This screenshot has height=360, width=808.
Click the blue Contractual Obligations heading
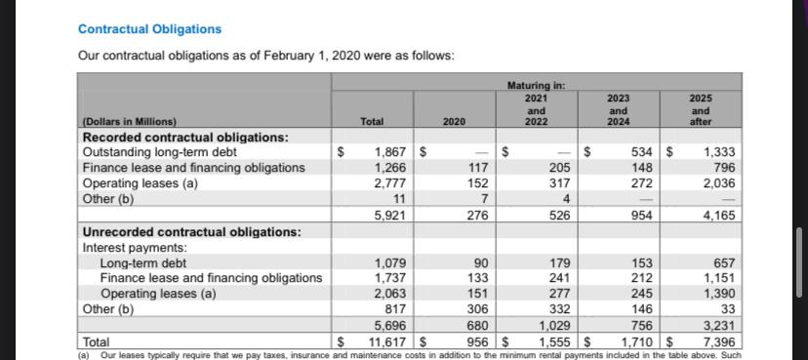(149, 29)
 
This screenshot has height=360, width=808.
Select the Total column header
(371, 122)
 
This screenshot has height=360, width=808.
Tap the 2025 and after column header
(701, 109)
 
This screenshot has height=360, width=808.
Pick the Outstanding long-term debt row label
(159, 152)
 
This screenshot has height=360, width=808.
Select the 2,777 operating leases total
(390, 183)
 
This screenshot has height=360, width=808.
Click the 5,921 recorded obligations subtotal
(390, 216)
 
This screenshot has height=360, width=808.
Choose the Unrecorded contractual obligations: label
(191, 232)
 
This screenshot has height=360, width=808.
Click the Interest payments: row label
(134, 248)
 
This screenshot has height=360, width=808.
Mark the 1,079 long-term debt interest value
(390, 263)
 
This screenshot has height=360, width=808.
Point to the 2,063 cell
(390, 294)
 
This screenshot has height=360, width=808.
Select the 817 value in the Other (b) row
(396, 309)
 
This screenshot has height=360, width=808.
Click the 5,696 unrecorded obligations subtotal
(390, 326)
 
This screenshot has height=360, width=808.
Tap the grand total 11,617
(385, 342)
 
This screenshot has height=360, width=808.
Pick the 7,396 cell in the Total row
(718, 342)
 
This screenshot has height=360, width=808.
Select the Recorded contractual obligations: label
(184, 137)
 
